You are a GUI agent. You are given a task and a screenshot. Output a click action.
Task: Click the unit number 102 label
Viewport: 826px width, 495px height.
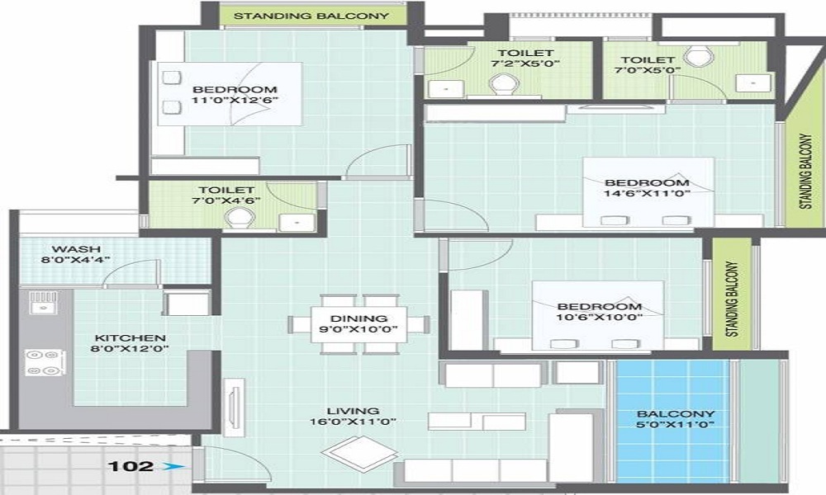click(x=130, y=466)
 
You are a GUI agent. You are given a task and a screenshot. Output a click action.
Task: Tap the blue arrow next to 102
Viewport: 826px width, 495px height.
click(x=169, y=467)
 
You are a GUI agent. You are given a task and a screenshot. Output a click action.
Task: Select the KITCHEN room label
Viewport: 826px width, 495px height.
click(x=130, y=337)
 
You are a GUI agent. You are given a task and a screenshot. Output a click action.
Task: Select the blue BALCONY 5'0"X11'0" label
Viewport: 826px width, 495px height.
click(x=676, y=419)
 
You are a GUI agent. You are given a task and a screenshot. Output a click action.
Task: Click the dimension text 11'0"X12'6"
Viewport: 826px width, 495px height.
click(x=235, y=101)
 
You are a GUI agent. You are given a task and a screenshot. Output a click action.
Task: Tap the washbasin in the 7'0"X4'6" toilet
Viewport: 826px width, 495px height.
click(x=292, y=221)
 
